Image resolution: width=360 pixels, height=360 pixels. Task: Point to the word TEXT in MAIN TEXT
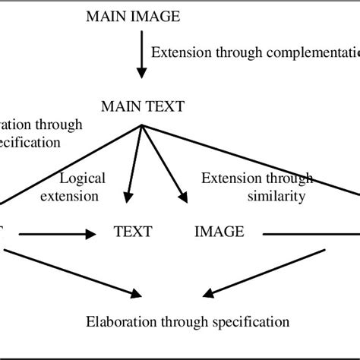[167, 106]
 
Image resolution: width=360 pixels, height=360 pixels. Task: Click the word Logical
[82, 178]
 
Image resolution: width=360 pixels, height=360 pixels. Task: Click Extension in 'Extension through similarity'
[226, 178]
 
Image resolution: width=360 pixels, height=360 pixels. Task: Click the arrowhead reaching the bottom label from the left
[137, 292]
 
